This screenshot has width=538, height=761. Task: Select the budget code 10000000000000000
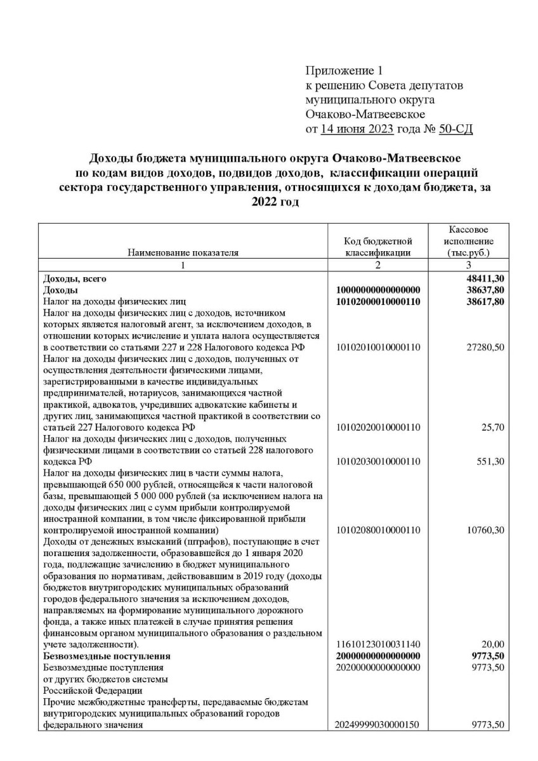pyautogui.click(x=378, y=290)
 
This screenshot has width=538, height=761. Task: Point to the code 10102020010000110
pyautogui.click(x=378, y=427)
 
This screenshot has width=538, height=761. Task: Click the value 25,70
pyautogui.click(x=492, y=427)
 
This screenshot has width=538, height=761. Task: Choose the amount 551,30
pyautogui.click(x=490, y=461)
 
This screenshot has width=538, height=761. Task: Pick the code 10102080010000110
pyautogui.click(x=378, y=530)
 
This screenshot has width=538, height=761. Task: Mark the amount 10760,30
pyautogui.click(x=485, y=530)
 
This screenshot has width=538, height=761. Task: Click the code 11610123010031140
pyautogui.click(x=378, y=644)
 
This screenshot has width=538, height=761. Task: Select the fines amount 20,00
pyautogui.click(x=492, y=644)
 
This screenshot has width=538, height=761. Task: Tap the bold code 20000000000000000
pyautogui.click(x=378, y=655)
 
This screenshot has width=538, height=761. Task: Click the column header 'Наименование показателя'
pyautogui.click(x=183, y=252)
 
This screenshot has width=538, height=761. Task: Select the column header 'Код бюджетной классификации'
pyautogui.click(x=378, y=247)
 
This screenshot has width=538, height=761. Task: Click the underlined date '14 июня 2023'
pyautogui.click(x=358, y=129)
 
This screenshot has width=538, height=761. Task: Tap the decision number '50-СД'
pyautogui.click(x=456, y=129)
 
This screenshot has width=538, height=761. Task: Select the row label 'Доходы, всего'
pyautogui.click(x=74, y=278)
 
